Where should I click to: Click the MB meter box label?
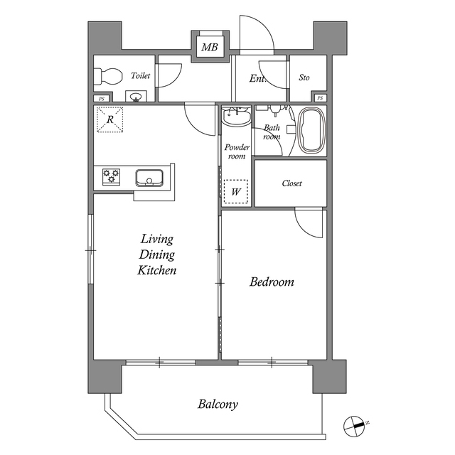pyautogui.click(x=210, y=47)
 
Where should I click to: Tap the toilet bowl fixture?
pyautogui.click(x=107, y=76)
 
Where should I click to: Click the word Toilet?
pyautogui.click(x=141, y=76)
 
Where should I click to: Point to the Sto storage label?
pyautogui.click(x=304, y=77)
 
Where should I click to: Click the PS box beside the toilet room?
pyautogui.click(x=101, y=99)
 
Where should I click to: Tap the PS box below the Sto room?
pyautogui.click(x=320, y=98)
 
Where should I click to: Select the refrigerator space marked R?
pyautogui.click(x=110, y=119)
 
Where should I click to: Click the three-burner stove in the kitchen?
pyautogui.click(x=111, y=176)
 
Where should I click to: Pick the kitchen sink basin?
pyautogui.click(x=149, y=178)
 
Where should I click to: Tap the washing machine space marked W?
pyautogui.click(x=235, y=191)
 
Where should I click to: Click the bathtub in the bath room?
pyautogui.click(x=311, y=131)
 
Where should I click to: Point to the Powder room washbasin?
pyautogui.click(x=237, y=115)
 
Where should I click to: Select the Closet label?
pyautogui.click(x=291, y=183)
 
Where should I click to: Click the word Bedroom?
pyautogui.click(x=272, y=282)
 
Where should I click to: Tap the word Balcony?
pyautogui.click(x=218, y=405)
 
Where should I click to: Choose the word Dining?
pyautogui.click(x=156, y=255)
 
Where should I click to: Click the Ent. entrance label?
pyautogui.click(x=257, y=78)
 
